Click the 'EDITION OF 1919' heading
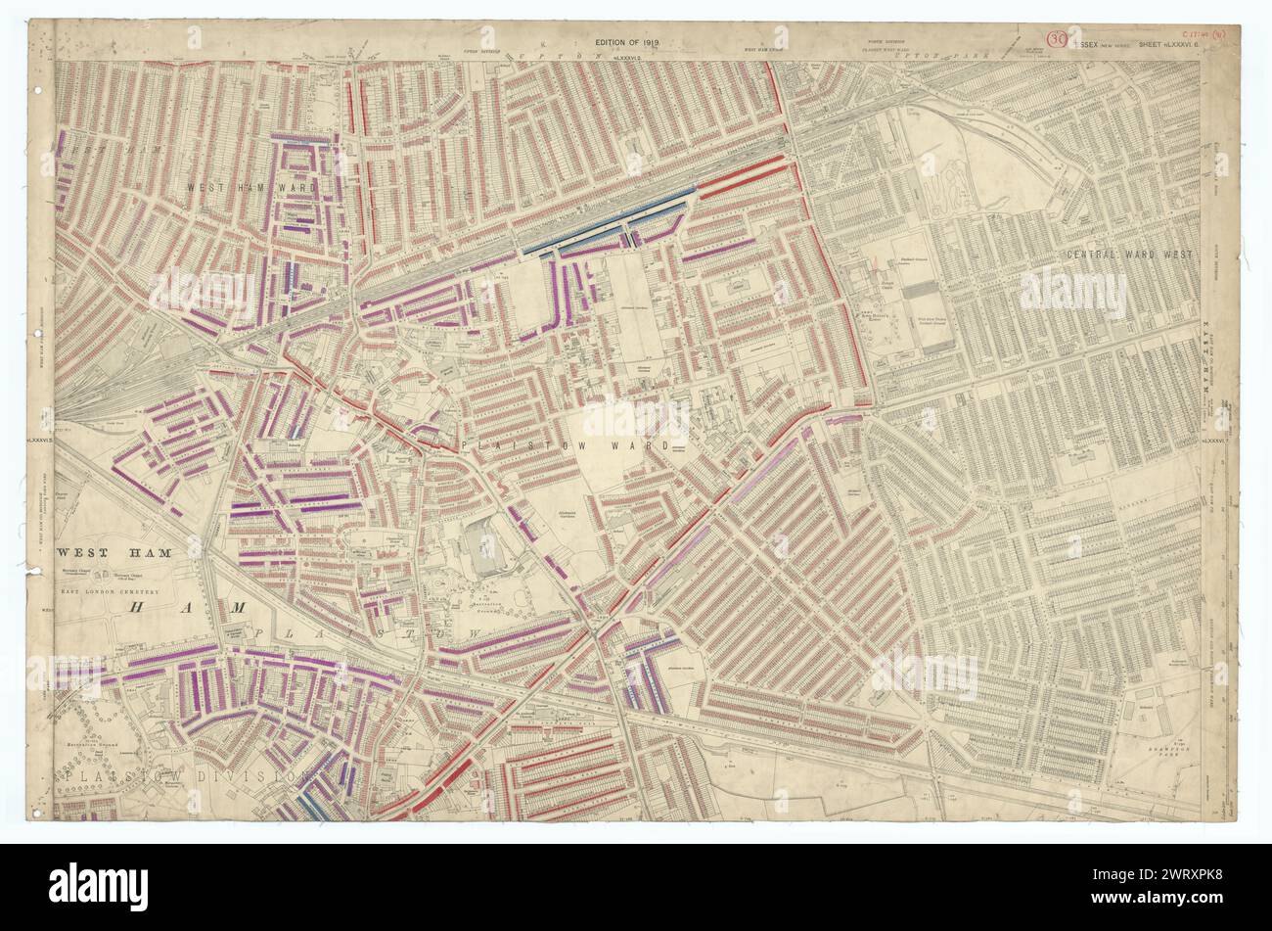pos(634,42)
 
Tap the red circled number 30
pos(1057,40)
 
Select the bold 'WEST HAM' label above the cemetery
pos(113,553)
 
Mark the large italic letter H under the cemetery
pos(140,608)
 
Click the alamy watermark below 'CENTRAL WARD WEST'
pos(1072,292)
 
